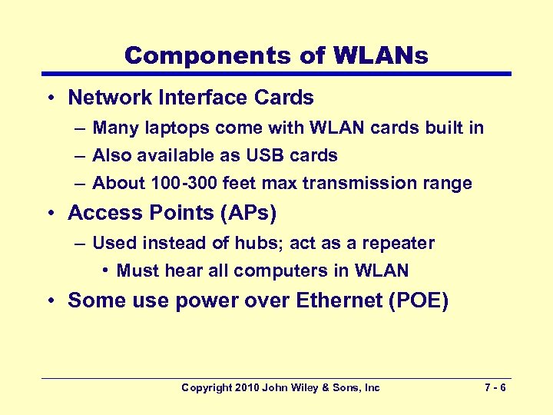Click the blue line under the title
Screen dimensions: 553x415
point(276,74)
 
